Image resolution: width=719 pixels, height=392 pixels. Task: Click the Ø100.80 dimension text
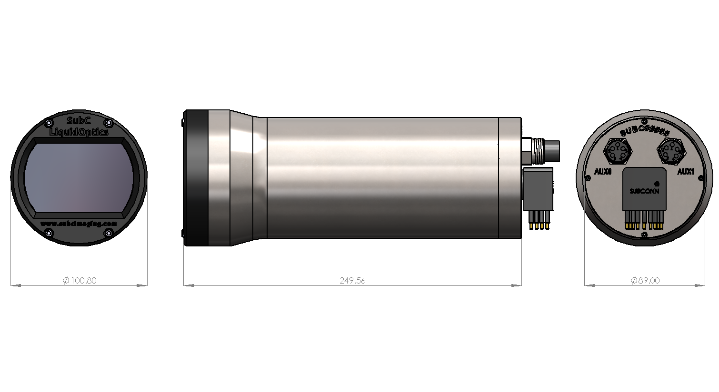point(80,281)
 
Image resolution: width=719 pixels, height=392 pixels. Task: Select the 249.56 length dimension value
point(352,281)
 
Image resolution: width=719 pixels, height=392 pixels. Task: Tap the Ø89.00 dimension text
point(645,281)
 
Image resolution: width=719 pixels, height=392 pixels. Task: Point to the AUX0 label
point(603,172)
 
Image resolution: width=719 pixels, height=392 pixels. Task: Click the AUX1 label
point(685,172)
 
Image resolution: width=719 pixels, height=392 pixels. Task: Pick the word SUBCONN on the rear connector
point(644,191)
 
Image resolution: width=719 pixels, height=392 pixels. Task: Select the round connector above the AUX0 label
point(618,151)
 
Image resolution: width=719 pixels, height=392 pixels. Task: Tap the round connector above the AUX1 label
point(671,151)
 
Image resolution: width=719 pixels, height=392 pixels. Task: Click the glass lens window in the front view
point(79,177)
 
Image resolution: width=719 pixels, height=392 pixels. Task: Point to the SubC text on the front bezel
point(79,121)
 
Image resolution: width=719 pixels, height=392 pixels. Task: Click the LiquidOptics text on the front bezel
point(79,132)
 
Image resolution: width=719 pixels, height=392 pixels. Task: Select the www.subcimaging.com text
point(79,223)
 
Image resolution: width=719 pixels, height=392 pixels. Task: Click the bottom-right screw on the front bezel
point(109,233)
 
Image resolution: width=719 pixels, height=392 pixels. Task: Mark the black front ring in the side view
point(196,178)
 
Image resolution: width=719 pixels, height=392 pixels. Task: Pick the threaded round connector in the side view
point(540,150)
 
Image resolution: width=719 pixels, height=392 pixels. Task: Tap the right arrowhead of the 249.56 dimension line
point(516,285)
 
